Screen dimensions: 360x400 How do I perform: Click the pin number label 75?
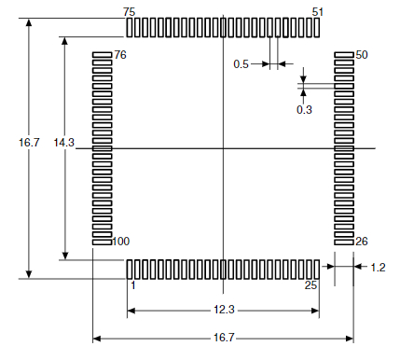[129, 11]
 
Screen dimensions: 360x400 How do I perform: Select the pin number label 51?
[318, 11]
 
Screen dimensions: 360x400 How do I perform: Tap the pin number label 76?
[120, 56]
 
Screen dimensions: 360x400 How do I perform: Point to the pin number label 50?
[362, 55]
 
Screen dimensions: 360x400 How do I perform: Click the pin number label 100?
[120, 242]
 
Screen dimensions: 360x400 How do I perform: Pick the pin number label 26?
[362, 242]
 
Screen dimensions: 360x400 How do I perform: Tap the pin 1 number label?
[131, 285]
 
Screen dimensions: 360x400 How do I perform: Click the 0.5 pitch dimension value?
[240, 64]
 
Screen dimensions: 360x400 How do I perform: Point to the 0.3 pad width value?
[304, 110]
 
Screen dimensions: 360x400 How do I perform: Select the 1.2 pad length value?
[378, 268]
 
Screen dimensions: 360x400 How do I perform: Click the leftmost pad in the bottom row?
[130, 269]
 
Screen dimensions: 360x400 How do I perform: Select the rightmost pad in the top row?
[317, 27]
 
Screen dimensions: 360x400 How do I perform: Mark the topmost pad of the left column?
[102, 56]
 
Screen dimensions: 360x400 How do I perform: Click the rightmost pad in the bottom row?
[317, 269]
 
